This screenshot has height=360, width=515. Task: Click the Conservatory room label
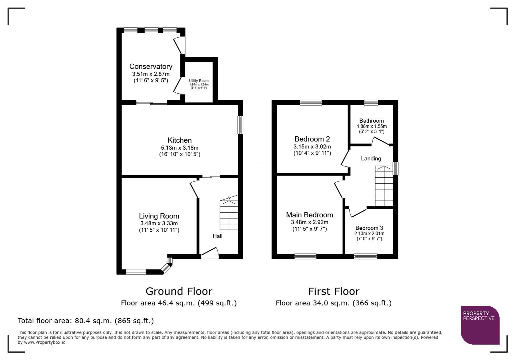coord(151,67)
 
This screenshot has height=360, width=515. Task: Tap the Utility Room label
coord(199,81)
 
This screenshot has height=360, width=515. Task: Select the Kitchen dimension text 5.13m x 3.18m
coord(179,148)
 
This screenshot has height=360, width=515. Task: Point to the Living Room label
coord(159,216)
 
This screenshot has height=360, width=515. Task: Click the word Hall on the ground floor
coord(217,236)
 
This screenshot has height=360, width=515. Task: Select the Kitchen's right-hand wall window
coord(240,125)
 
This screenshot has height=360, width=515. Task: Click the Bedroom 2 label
coord(312,139)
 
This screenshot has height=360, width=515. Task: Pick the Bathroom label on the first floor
coord(371,121)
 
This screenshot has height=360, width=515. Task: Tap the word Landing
coord(371,159)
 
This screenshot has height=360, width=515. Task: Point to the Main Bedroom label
coord(310,215)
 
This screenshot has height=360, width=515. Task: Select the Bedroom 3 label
coord(369,228)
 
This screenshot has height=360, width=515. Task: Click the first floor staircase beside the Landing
coord(384,187)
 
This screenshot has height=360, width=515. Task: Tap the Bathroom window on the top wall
coord(371,103)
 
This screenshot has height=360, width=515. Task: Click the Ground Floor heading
coord(179,291)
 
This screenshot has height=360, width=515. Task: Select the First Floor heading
coord(334,291)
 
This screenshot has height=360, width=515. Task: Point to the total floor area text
coord(86,321)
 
